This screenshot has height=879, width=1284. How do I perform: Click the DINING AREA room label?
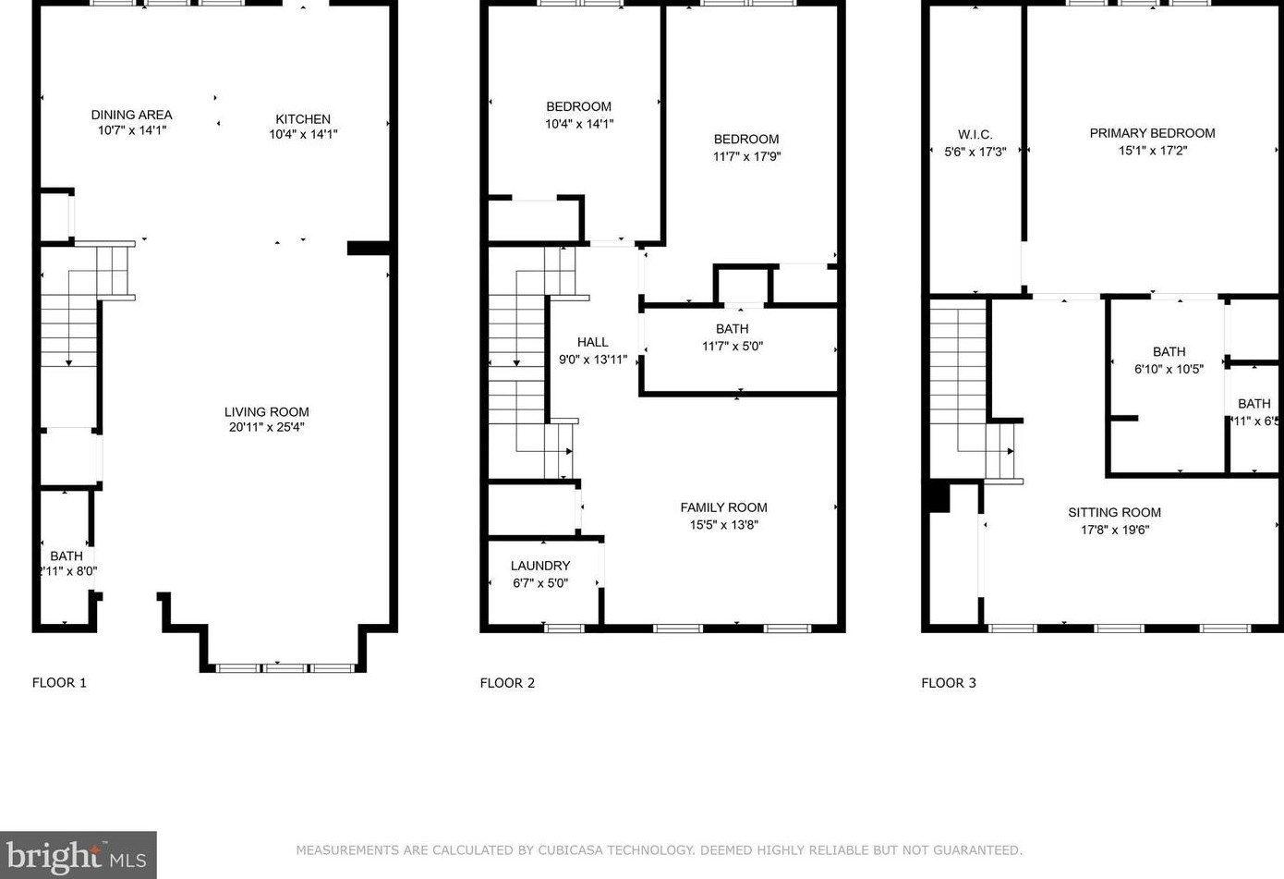131,115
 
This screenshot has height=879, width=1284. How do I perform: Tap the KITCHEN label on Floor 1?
303,118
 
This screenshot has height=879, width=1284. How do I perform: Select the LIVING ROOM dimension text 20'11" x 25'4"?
266,427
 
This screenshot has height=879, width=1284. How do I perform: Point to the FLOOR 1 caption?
59,683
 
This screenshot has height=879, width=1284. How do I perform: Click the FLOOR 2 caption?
507,683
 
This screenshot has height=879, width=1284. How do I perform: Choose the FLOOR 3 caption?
948,683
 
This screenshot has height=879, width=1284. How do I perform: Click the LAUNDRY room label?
540,566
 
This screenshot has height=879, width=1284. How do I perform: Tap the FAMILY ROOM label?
723,507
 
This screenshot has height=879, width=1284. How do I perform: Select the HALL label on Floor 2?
592,342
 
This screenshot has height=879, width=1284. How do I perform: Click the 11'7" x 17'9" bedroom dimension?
746,156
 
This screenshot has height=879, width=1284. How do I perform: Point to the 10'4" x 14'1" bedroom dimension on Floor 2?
579,124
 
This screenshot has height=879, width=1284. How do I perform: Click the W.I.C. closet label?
975,134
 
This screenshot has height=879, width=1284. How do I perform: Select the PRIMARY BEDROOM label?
1152,133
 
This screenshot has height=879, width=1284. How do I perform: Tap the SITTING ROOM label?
1114,512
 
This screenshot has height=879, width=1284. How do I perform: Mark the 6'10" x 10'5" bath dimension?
1169,369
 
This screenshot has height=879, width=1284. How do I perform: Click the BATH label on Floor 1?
67,555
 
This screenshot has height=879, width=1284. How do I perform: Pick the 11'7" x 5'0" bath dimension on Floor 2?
732,347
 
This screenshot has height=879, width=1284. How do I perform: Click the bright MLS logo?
78,855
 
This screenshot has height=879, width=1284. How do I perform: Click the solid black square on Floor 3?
939,496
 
